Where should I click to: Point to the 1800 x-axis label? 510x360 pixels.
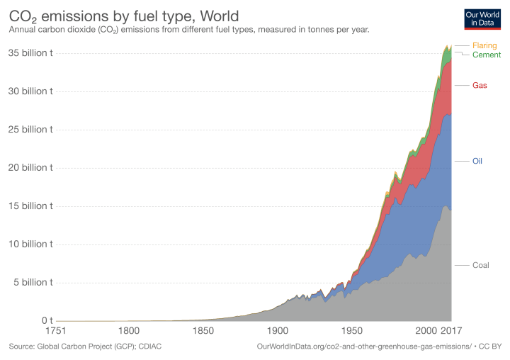pyautogui.click(x=128, y=331)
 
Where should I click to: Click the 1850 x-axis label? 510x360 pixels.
pyautogui.click(x=203, y=331)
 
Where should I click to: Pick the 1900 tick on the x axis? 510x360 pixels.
pyautogui.click(x=277, y=331)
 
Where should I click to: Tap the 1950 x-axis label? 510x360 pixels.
pyautogui.click(x=351, y=331)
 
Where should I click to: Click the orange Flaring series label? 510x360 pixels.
pyautogui.click(x=484, y=45)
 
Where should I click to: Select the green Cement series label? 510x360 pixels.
pyautogui.click(x=487, y=55)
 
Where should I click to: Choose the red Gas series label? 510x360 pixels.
pyautogui.click(x=480, y=85)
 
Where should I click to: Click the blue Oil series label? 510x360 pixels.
pyautogui.click(x=478, y=162)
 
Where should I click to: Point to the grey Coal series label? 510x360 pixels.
pyautogui.click(x=481, y=265)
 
